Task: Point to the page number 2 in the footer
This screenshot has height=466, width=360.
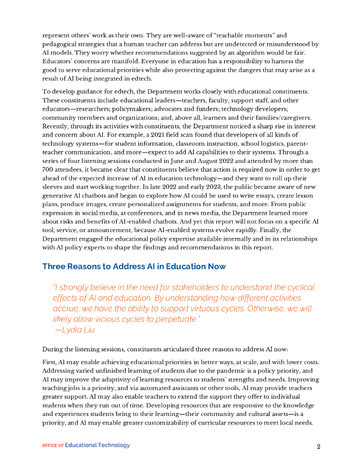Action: tap(319, 446)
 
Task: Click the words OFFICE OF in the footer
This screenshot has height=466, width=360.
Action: tap(53, 446)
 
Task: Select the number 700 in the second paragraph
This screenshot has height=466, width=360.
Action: tap(49, 170)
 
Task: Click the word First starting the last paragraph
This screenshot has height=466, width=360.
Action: tap(50, 362)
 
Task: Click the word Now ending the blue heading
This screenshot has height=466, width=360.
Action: tap(217, 266)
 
